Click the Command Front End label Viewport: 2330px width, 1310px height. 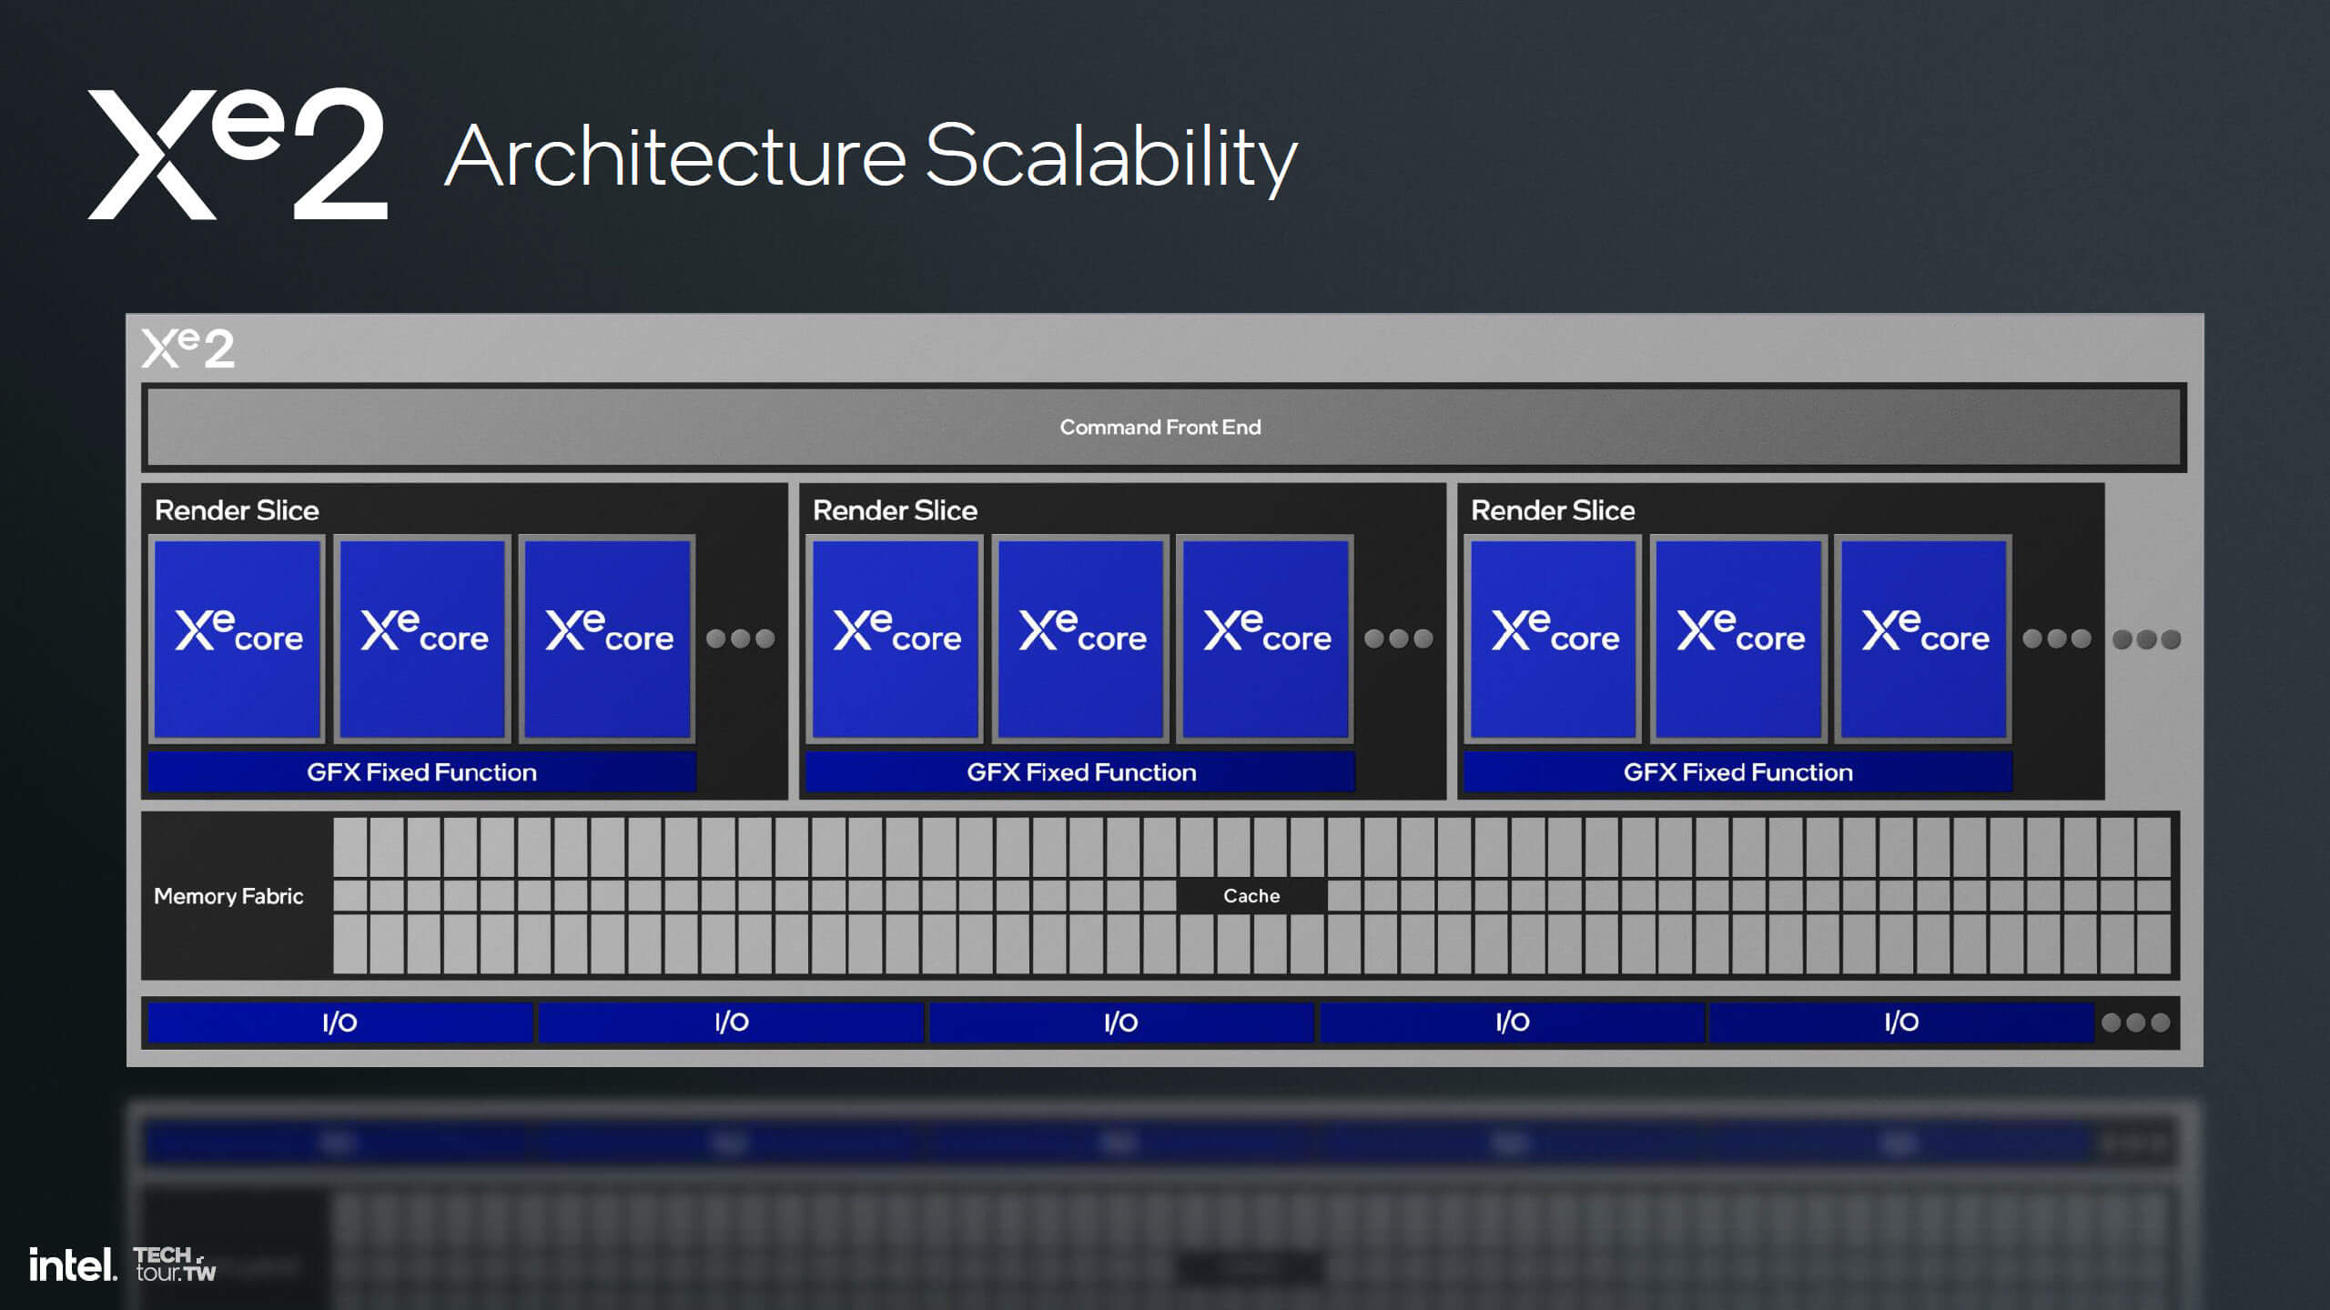click(x=1160, y=427)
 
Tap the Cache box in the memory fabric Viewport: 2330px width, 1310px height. click(x=1251, y=896)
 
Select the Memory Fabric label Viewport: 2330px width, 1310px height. click(x=228, y=896)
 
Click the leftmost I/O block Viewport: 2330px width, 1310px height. click(x=339, y=1023)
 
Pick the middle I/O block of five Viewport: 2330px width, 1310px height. click(x=1120, y=1023)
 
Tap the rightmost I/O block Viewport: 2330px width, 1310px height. click(x=1901, y=1023)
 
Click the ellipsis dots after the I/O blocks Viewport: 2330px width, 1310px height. click(x=2135, y=1023)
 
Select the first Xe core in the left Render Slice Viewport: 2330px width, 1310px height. click(x=238, y=638)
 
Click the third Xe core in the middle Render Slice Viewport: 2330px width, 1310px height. click(x=1265, y=638)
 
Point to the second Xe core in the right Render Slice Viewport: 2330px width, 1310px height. click(x=1738, y=638)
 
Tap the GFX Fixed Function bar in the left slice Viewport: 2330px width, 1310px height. click(x=421, y=772)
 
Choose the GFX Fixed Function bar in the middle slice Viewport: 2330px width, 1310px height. click(x=1080, y=772)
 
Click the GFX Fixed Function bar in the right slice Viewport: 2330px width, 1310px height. click(x=1737, y=772)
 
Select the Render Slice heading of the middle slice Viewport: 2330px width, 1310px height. click(x=895, y=510)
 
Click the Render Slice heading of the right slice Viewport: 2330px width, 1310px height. click(x=1553, y=510)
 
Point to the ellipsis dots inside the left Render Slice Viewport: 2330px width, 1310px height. click(x=740, y=639)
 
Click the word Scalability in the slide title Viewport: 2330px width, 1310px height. click(x=1110, y=157)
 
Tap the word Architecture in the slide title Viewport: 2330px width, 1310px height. click(x=675, y=157)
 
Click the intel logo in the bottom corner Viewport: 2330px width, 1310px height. click(x=73, y=1265)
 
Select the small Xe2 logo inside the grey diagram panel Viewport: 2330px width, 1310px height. click(x=188, y=348)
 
